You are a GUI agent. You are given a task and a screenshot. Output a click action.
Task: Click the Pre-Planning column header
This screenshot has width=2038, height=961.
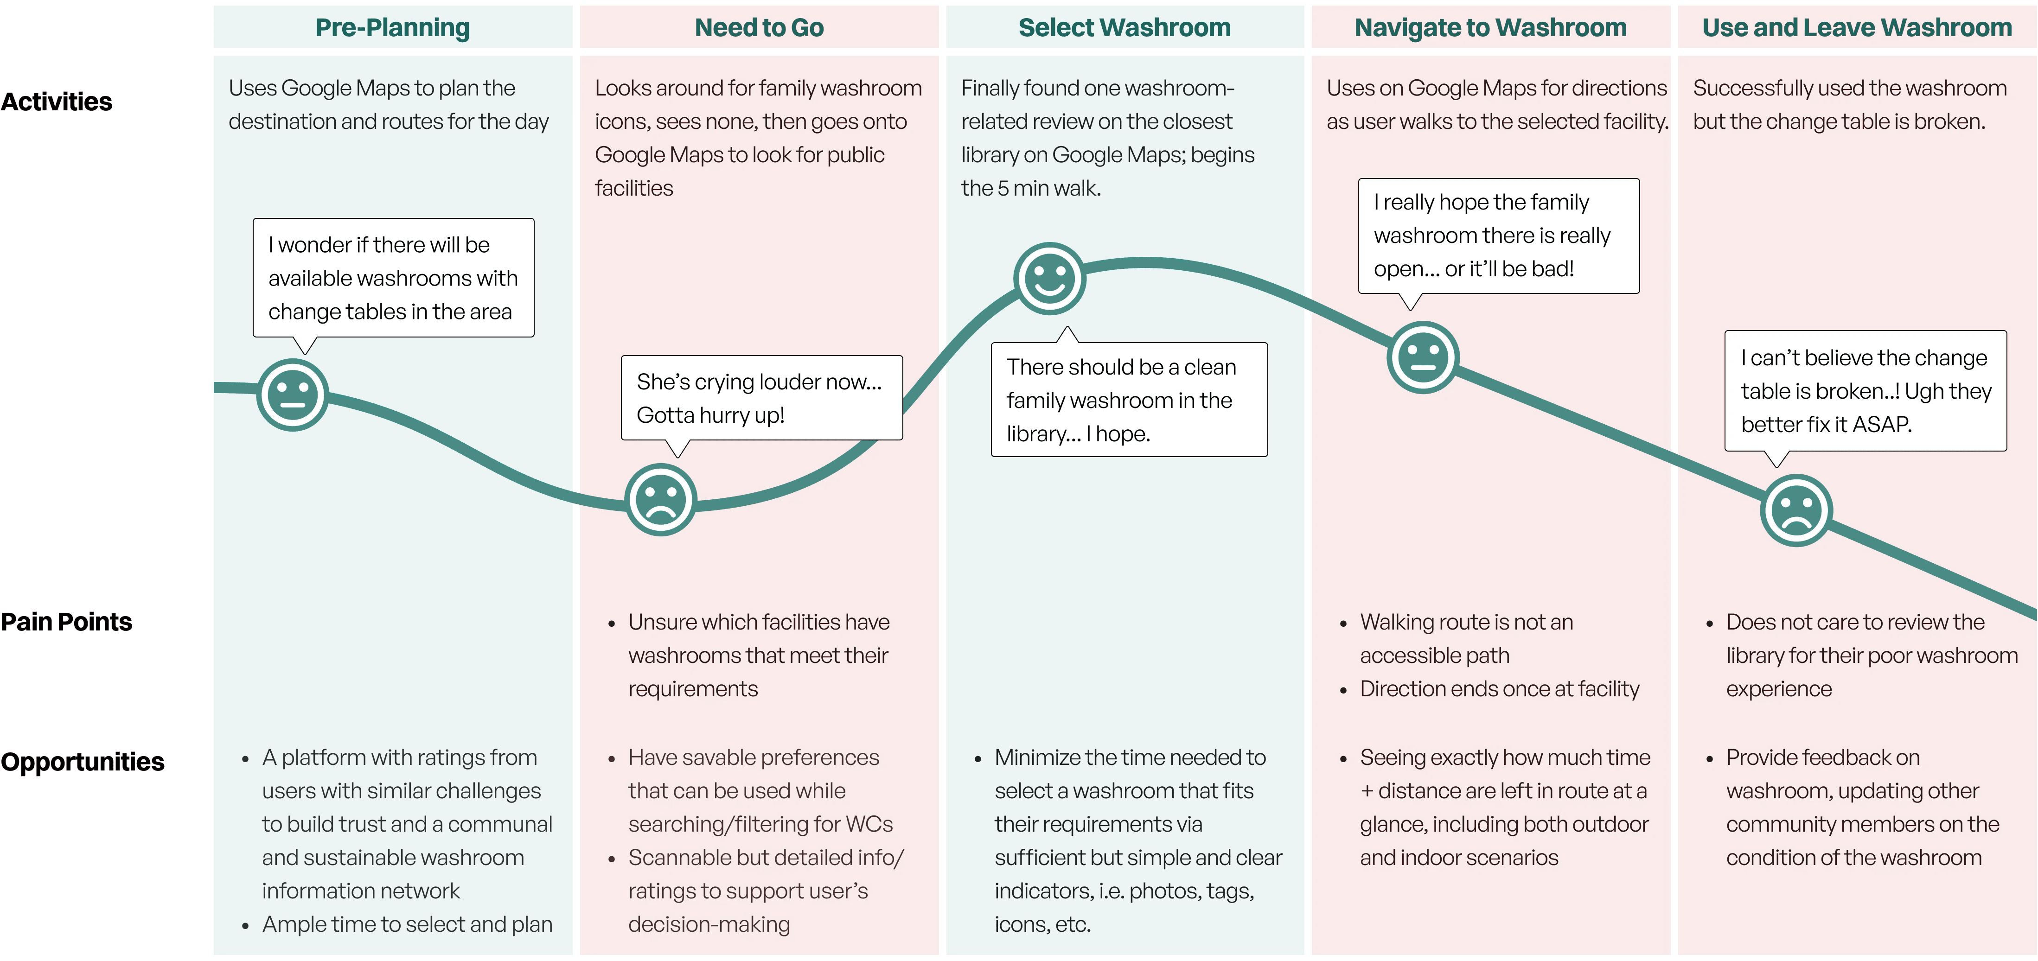click(392, 28)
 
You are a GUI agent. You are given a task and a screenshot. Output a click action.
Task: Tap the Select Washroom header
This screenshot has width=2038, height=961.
click(1124, 28)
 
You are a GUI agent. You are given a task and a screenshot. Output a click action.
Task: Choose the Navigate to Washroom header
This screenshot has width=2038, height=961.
click(1490, 28)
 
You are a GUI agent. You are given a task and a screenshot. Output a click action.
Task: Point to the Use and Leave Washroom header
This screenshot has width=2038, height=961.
click(1856, 28)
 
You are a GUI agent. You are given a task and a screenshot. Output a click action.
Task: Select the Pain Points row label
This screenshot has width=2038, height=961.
click(66, 622)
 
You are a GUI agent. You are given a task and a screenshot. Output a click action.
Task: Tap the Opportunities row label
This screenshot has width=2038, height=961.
click(82, 762)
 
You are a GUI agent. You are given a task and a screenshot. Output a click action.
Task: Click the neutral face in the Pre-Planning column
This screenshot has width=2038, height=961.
click(293, 395)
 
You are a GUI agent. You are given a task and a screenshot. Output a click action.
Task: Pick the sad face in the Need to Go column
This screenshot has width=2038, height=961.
click(661, 500)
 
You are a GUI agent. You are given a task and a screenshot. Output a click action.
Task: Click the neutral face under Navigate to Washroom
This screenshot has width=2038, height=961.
click(1423, 356)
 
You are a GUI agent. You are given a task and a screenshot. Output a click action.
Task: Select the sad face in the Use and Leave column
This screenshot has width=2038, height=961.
click(1796, 510)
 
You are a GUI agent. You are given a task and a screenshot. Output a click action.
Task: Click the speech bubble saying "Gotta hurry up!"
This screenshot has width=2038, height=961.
click(761, 398)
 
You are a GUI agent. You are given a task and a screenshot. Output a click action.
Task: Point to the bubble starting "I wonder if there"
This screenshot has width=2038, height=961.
click(393, 278)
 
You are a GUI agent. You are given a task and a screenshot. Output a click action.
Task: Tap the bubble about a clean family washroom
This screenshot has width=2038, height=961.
click(1129, 400)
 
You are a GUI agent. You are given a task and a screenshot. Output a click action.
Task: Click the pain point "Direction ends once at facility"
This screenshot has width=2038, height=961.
click(1499, 689)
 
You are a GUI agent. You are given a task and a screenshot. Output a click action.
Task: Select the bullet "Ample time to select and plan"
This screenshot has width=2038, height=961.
click(407, 924)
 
